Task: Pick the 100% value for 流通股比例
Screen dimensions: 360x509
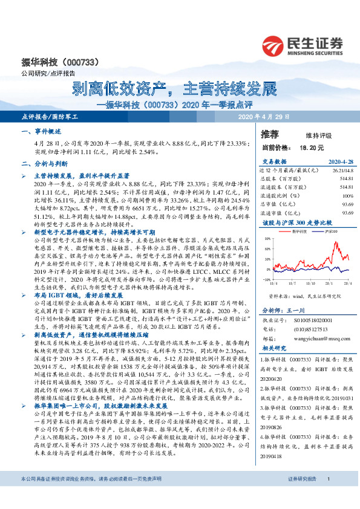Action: (347, 196)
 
